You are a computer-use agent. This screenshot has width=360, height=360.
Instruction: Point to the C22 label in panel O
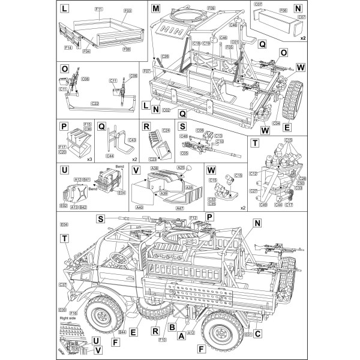[95, 103]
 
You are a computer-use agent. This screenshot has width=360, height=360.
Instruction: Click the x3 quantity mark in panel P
[88, 160]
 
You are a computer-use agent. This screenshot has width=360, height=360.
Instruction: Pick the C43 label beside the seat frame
[131, 140]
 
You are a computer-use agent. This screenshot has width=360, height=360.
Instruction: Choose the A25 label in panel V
[181, 169]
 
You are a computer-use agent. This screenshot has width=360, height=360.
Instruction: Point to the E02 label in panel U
[64, 205]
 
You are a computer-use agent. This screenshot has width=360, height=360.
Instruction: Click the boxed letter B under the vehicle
[172, 328]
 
